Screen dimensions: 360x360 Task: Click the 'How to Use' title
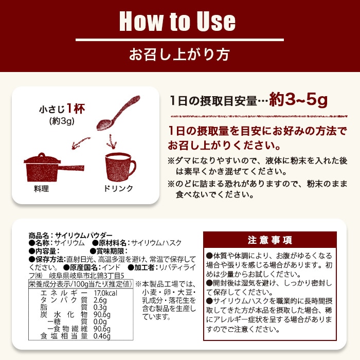[177, 21]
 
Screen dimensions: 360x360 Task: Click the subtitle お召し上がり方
[179, 53]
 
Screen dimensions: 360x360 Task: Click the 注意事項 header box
[270, 240]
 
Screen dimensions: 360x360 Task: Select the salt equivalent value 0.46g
[103, 336]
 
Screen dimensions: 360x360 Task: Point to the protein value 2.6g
[101, 300]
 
